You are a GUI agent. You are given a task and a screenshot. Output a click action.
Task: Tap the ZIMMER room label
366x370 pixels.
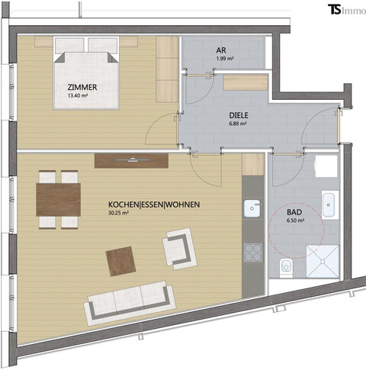coord(82,87)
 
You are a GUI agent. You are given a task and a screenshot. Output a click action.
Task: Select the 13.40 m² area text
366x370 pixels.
coord(82,97)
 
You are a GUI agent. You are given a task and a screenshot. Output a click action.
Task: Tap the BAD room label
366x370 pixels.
coord(296,213)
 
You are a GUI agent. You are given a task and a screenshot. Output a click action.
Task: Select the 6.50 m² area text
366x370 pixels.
coord(296,222)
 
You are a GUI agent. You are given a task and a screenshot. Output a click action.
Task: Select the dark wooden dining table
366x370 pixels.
coord(59,199)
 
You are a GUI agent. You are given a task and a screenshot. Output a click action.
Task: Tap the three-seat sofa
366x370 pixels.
coord(128,302)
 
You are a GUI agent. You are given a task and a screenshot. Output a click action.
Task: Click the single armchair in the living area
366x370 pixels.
coord(179,249)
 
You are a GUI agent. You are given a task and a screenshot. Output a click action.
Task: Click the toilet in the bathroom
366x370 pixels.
coord(286,267)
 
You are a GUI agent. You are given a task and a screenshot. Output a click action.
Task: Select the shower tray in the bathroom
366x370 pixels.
coord(320,259)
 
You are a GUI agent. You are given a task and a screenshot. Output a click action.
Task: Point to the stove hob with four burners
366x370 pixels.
coord(252,252)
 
